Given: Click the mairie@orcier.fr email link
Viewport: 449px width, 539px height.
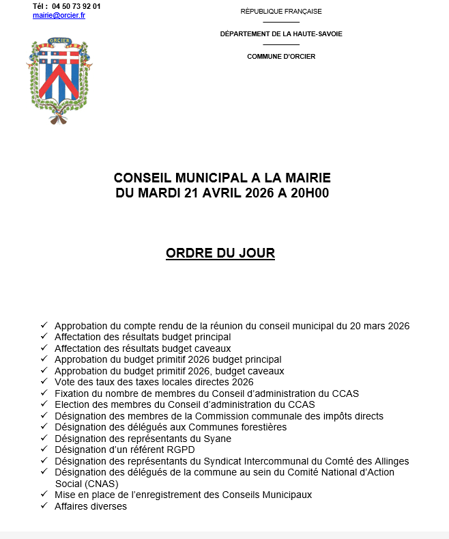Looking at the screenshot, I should (x=59, y=15).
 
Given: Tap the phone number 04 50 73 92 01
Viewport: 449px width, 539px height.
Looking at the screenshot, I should (x=76, y=6).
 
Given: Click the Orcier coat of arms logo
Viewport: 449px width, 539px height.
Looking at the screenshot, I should (x=61, y=81).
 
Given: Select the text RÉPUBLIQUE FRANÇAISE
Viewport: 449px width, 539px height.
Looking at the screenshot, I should (x=281, y=12).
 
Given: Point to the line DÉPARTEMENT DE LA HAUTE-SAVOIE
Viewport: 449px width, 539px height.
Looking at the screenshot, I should (x=281, y=33).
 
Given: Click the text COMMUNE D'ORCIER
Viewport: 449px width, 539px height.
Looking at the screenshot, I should (x=281, y=56).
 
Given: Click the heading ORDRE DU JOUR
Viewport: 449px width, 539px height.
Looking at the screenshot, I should (x=220, y=253).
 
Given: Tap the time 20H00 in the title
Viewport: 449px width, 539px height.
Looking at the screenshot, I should (x=309, y=193).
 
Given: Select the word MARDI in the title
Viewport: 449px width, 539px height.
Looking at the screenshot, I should (x=160, y=193).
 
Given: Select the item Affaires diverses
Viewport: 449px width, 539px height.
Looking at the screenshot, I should (x=91, y=506).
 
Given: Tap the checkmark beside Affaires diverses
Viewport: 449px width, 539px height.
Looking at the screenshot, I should (x=44, y=506).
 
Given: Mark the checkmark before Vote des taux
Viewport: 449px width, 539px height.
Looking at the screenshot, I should (x=44, y=382).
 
